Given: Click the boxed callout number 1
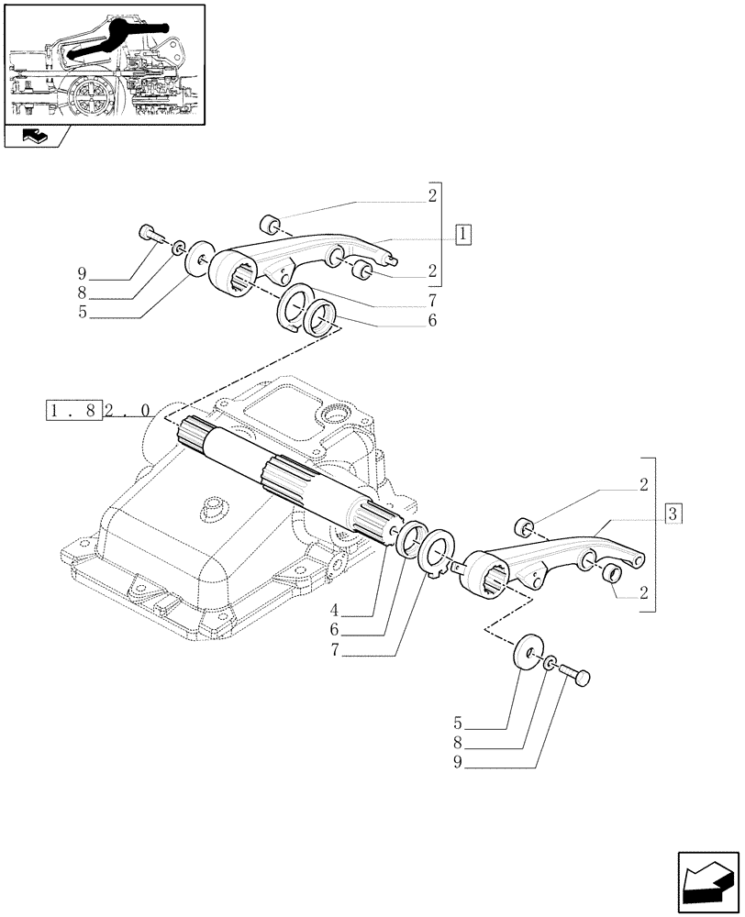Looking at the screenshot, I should pyautogui.click(x=463, y=233).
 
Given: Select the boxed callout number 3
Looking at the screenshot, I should pyautogui.click(x=673, y=514).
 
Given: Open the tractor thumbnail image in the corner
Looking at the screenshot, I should pyautogui.click(x=104, y=64).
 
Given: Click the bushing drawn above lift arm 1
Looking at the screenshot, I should pyautogui.click(x=269, y=225).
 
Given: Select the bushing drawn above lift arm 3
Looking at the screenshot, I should pyautogui.click(x=526, y=527).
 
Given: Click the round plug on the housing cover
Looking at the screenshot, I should pyautogui.click(x=214, y=506).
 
